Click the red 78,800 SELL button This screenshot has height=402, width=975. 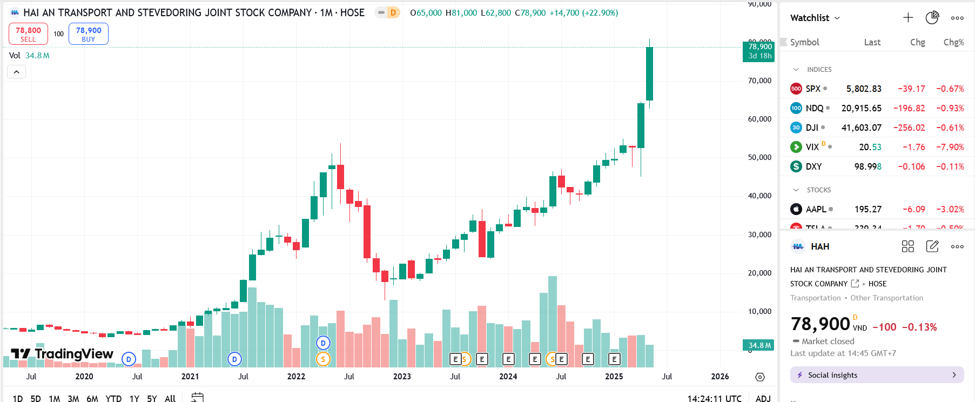[x=28, y=33]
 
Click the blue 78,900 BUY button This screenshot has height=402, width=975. [x=89, y=33]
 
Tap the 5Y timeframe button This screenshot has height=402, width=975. [x=152, y=398]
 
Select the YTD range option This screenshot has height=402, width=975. [x=113, y=398]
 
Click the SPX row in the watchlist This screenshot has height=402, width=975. [x=813, y=89]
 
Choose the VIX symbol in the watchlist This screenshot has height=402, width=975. [x=812, y=147]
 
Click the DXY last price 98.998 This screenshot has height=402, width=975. [x=868, y=166]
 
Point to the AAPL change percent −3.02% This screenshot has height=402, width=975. [x=950, y=209]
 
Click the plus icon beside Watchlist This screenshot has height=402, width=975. [x=908, y=18]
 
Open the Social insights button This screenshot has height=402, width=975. [x=877, y=375]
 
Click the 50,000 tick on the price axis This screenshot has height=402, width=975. [x=759, y=157]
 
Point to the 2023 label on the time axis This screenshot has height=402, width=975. [x=402, y=377]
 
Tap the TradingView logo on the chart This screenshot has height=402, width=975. [x=63, y=354]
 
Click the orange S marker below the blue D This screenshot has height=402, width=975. [x=323, y=359]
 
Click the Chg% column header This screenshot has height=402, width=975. [x=953, y=42]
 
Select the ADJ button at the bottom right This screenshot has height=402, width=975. [x=763, y=398]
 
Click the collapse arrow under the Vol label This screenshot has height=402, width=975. [x=16, y=72]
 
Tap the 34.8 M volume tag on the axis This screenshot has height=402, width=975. [x=759, y=345]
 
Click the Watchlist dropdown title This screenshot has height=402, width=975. [x=815, y=18]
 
